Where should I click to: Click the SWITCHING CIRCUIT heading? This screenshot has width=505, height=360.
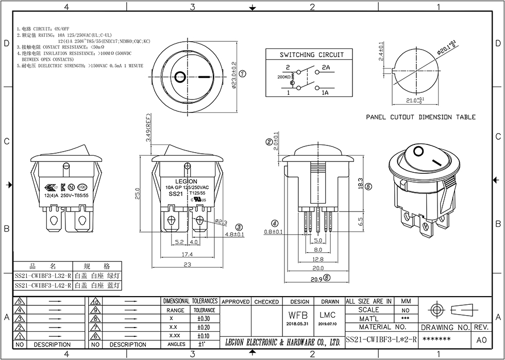pyautogui.click(x=311, y=55)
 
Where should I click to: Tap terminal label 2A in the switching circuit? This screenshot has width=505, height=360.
pyautogui.click(x=326, y=68)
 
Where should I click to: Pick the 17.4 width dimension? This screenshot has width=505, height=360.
pyautogui.click(x=187, y=254)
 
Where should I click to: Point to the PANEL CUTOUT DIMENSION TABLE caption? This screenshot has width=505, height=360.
pyautogui.click(x=421, y=118)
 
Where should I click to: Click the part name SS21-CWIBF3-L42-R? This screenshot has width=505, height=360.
pyautogui.click(x=43, y=285)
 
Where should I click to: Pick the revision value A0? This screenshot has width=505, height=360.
pyautogui.click(x=481, y=340)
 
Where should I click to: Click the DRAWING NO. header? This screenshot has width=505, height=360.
pyautogui.click(x=445, y=328)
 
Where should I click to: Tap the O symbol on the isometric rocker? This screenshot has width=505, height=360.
pyautogui.click(x=418, y=151)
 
